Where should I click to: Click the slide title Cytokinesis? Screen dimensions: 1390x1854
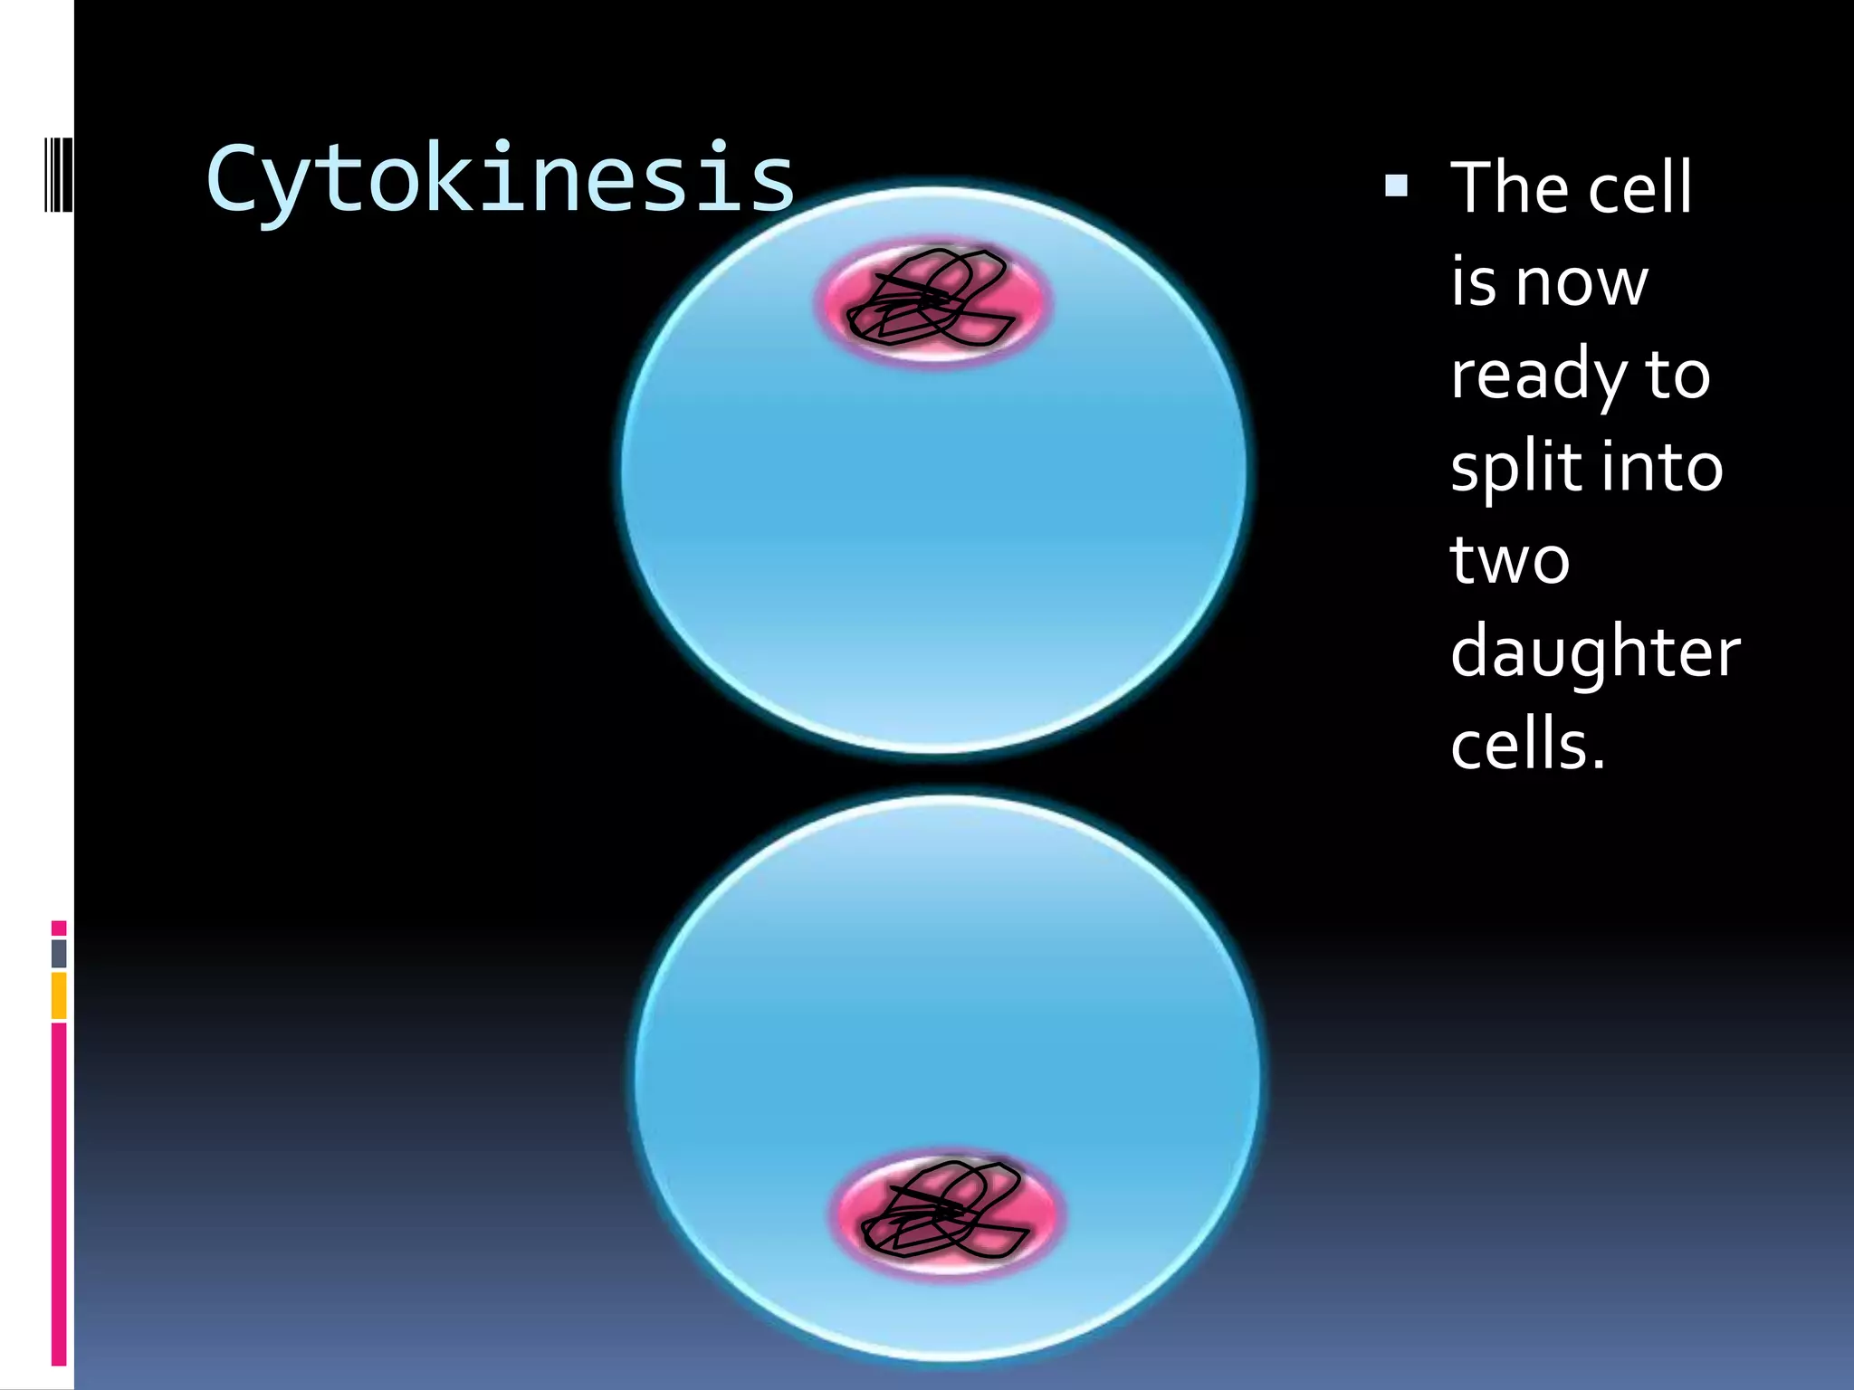coord(500,179)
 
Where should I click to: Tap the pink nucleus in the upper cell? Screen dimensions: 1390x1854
coord(934,301)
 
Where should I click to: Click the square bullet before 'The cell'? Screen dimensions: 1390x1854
coord(1397,186)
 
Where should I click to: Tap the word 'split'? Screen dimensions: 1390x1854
coord(1516,468)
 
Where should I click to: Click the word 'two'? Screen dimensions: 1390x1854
coord(1509,560)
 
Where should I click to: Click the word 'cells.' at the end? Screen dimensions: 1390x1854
coord(1527,745)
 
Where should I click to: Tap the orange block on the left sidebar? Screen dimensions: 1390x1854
coord(59,995)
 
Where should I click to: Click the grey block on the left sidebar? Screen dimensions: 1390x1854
coord(59,953)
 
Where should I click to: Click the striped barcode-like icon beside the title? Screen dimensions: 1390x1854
coord(58,175)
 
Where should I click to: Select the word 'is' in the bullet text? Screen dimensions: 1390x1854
coord(1473,282)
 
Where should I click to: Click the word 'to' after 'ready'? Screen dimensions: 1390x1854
coord(1677,376)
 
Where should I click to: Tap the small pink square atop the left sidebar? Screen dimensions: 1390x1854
coord(59,928)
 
